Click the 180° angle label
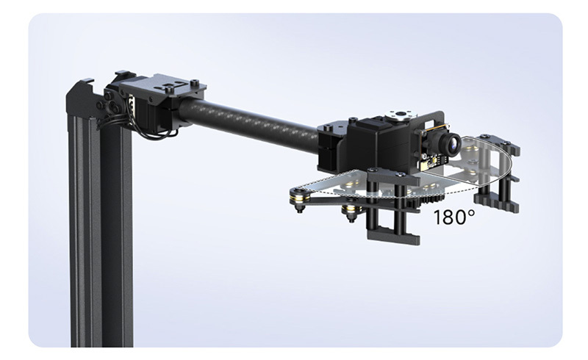454,217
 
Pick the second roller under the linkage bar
351,212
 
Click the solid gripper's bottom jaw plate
392,237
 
